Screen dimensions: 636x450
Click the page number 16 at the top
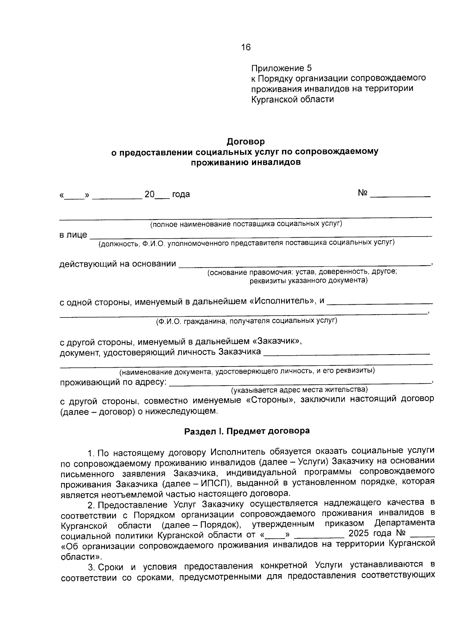tap(246, 47)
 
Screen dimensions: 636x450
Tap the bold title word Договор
tap(246, 142)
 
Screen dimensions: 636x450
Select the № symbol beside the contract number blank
tap(362, 193)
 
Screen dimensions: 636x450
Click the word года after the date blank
tap(181, 194)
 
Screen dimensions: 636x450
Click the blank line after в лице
tap(261, 235)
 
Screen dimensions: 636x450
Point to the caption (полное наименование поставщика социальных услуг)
tap(246, 224)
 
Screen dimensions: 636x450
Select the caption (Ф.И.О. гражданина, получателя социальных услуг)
tap(246, 321)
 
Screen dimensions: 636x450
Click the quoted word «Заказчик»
tap(277, 341)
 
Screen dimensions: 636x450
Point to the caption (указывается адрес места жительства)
tap(299, 390)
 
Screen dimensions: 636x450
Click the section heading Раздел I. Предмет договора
tap(247, 431)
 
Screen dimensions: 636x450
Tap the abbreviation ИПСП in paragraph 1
tap(214, 482)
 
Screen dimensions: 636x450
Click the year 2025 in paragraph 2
tap(358, 533)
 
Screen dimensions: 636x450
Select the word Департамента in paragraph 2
tap(404, 523)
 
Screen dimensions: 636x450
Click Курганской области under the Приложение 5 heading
tap(292, 99)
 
